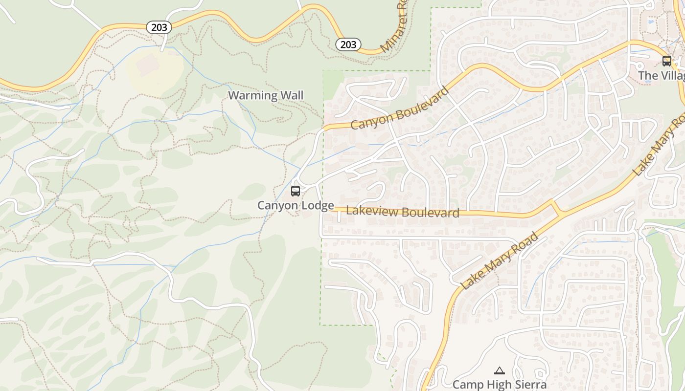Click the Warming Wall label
266,95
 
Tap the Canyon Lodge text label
296,206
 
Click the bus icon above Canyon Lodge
296,191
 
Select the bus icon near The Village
666,61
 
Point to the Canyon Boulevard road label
400,109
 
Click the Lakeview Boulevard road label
403,212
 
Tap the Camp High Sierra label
499,385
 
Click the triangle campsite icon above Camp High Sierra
499,371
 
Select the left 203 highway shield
159,27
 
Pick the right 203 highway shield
348,44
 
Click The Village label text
662,76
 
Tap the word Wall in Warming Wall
292,95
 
